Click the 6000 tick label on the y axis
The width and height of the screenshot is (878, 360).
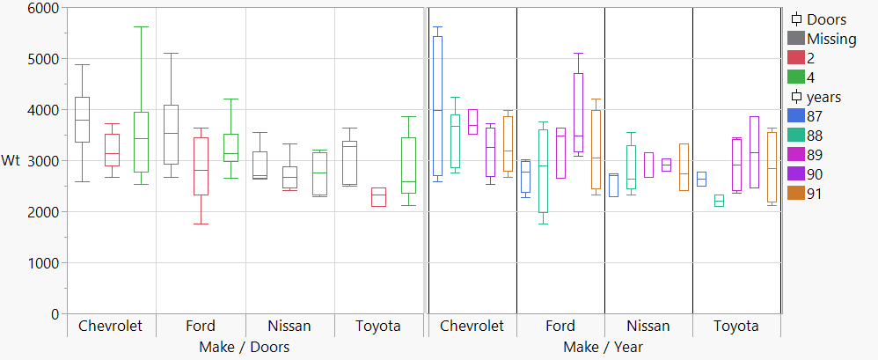click(x=42, y=8)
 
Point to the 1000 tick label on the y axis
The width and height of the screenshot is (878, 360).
click(x=42, y=263)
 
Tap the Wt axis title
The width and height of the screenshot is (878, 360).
click(x=11, y=161)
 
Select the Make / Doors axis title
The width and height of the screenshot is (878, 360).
click(x=245, y=347)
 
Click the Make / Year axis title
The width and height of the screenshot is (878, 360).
click(x=604, y=347)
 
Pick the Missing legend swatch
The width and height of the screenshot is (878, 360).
click(x=796, y=38)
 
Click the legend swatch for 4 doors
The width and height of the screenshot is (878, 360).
click(x=796, y=77)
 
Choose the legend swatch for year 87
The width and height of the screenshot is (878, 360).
click(x=796, y=115)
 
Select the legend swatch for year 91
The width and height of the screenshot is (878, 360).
click(x=796, y=193)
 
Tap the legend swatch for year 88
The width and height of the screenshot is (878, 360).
click(x=796, y=135)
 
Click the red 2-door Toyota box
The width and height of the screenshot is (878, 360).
click(x=378, y=196)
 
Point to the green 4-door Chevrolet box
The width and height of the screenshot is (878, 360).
click(x=141, y=142)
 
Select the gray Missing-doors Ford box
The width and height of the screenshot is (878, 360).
click(x=172, y=134)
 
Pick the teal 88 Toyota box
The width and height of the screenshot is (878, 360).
click(x=719, y=201)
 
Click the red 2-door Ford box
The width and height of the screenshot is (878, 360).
click(x=201, y=165)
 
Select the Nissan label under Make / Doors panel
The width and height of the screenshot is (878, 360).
click(x=289, y=326)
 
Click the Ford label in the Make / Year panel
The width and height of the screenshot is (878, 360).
click(x=560, y=326)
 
